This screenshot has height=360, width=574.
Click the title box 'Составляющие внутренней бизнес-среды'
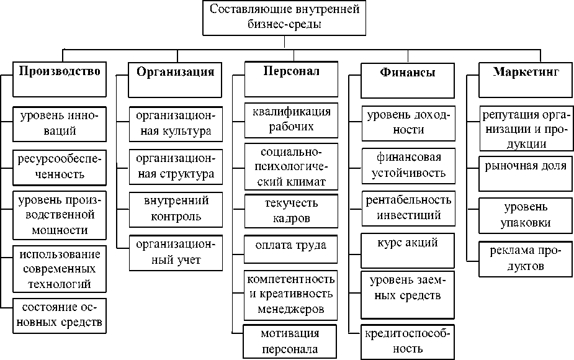[284, 17]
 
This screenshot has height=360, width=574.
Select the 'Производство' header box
[60, 79]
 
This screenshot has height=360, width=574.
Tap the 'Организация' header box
[175, 80]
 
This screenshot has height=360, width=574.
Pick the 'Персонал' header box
[291, 79]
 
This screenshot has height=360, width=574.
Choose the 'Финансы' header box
[408, 81]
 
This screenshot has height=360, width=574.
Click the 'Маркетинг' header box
[526, 80]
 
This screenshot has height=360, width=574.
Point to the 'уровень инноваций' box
[60, 124]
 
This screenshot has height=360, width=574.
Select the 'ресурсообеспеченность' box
[60, 168]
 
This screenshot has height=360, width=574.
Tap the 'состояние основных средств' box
[60, 316]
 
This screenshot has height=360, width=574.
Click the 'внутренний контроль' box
[176, 209]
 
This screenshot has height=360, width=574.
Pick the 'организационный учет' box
[176, 253]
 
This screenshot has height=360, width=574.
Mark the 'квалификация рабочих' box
[291, 120]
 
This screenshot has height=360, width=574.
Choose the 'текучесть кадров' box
[291, 211]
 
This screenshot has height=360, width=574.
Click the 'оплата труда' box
[290, 249]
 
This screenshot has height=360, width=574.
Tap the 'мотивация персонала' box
[290, 341]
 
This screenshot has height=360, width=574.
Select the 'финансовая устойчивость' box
[408, 166]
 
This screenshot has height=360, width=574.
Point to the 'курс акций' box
[408, 251]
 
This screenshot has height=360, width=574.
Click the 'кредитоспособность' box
[408, 342]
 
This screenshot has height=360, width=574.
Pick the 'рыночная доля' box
[526, 174]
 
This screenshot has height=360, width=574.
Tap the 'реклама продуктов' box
[526, 259]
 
